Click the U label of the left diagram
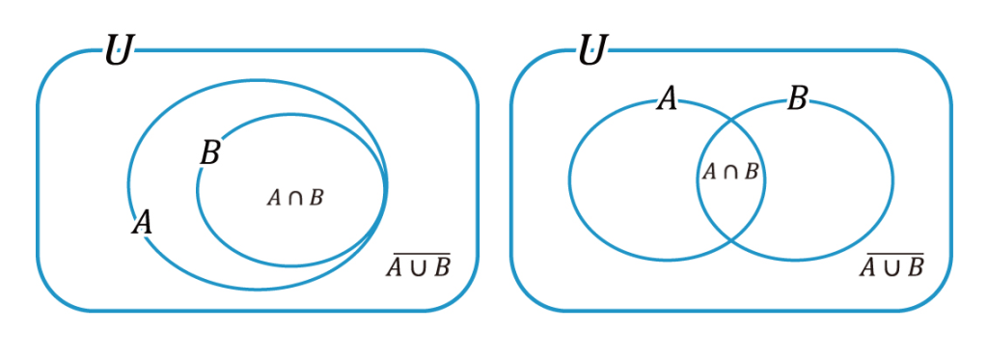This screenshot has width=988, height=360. [x=118, y=50]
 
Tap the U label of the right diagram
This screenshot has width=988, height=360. [x=590, y=50]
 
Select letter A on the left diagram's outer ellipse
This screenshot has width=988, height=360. [x=142, y=223]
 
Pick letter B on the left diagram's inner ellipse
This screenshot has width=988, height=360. [x=209, y=153]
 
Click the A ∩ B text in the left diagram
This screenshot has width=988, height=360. [x=294, y=198]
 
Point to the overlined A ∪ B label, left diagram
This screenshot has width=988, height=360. [x=419, y=266]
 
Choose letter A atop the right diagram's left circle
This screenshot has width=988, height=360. [x=667, y=98]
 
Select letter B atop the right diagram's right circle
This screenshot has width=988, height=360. [x=796, y=98]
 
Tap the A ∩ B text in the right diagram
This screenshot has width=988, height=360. [x=730, y=173]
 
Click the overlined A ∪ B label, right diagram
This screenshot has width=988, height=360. [x=892, y=266]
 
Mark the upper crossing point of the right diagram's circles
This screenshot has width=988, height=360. [x=730, y=118]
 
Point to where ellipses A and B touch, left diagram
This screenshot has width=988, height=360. [x=386, y=188]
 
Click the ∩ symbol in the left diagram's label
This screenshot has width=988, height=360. [x=294, y=198]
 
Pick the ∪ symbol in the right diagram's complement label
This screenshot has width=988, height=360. [x=892, y=267]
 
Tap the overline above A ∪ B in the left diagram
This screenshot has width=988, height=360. [x=419, y=255]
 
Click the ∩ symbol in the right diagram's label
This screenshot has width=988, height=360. [x=730, y=174]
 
